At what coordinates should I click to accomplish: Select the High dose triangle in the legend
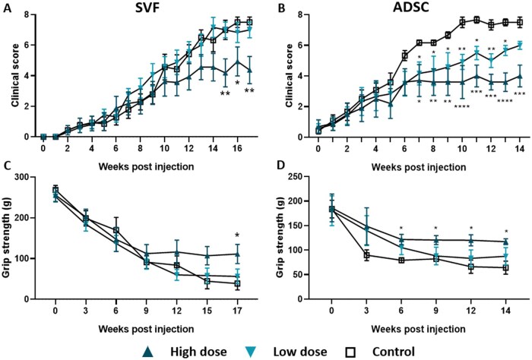pos(150,351)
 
